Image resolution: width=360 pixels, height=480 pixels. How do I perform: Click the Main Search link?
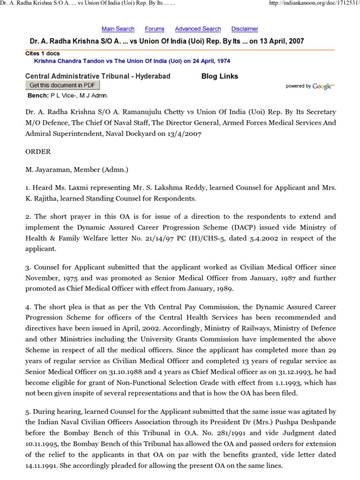click(118, 29)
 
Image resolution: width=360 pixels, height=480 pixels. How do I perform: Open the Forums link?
click(154, 29)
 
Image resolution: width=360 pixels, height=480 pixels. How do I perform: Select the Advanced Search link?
click(198, 29)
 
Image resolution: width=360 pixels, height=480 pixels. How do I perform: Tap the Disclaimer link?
click(245, 29)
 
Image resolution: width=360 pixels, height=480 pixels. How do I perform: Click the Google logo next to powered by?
click(323, 86)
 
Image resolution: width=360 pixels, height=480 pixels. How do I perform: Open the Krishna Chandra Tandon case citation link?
click(132, 61)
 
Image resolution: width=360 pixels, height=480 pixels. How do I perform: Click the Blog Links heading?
click(219, 76)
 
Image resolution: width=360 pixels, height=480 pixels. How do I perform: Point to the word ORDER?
click(38, 152)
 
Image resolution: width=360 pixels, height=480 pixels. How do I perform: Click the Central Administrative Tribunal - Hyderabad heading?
click(97, 76)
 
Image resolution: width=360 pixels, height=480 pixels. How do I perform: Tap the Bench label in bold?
click(38, 95)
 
